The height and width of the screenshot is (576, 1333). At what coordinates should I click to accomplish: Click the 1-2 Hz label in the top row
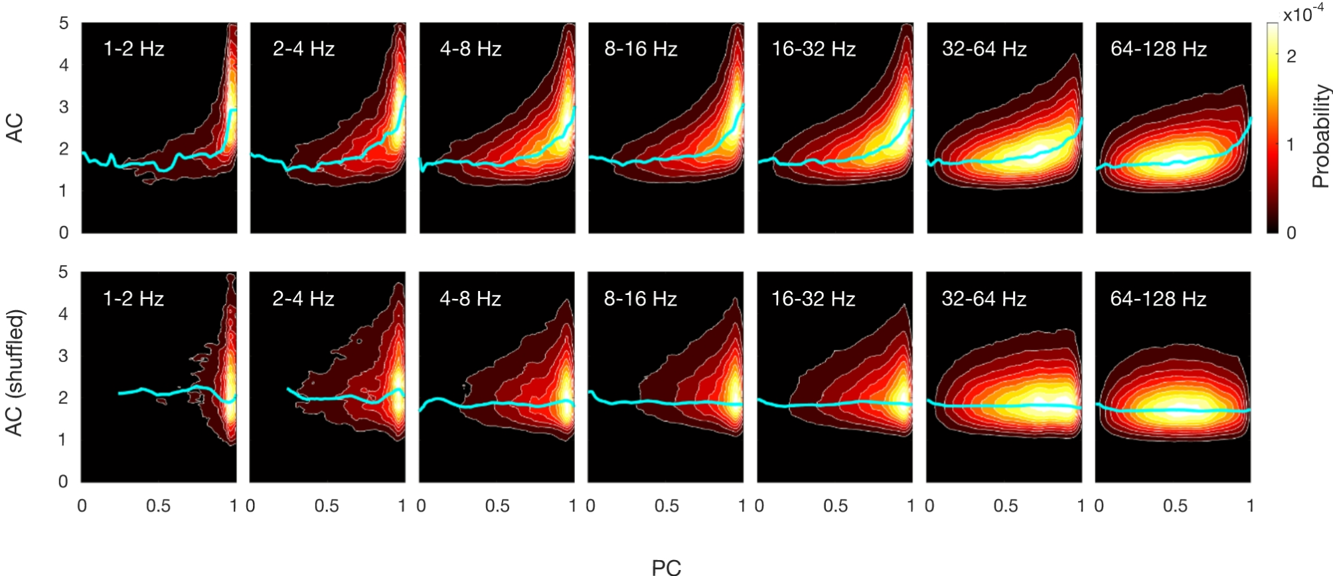click(x=133, y=49)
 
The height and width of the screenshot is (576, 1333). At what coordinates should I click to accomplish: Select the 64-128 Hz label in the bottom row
click(x=1158, y=299)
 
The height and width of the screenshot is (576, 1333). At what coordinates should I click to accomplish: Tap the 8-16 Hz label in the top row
click(x=641, y=49)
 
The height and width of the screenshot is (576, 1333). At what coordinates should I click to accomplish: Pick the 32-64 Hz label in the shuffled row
click(x=984, y=299)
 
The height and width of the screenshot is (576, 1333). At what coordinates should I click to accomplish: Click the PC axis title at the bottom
click(x=666, y=567)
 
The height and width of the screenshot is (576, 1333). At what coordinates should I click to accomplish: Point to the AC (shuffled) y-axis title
click(x=15, y=373)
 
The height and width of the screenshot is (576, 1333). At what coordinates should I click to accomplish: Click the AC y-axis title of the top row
click(x=15, y=128)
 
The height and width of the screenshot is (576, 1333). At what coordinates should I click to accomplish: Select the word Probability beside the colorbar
click(x=1320, y=136)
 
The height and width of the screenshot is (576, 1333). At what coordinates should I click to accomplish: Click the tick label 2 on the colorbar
click(x=1291, y=56)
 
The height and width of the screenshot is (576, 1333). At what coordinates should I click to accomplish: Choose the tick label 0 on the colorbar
click(x=1291, y=233)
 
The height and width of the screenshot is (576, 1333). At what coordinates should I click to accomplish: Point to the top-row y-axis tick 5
click(x=64, y=23)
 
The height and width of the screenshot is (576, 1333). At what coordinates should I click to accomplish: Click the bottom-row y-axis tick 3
click(x=64, y=355)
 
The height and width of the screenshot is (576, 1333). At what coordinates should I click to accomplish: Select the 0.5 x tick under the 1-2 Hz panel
click(x=158, y=506)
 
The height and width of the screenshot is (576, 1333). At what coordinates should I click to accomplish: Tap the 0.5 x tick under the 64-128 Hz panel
click(x=1175, y=506)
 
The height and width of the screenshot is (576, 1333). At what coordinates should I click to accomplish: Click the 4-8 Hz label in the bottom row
click(x=470, y=299)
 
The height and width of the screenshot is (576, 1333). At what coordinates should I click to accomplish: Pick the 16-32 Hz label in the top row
click(x=813, y=49)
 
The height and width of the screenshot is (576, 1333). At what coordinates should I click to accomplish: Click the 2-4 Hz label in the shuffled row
click(x=303, y=299)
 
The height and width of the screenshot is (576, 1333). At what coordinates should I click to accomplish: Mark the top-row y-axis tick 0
click(x=64, y=233)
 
